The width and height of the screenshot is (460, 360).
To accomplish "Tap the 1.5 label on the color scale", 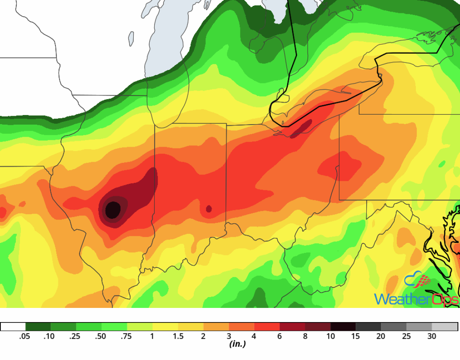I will coord(178,336).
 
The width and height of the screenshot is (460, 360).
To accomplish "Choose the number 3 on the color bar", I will coord(229,336).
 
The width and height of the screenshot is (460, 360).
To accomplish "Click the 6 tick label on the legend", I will coord(280,336).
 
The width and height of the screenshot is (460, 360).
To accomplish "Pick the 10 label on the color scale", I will coord(330,336).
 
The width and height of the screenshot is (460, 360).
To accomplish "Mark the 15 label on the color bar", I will coord(356,336).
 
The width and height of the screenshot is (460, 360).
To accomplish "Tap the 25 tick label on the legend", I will coord(407,336).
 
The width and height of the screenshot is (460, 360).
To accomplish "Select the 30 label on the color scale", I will coord(432,336).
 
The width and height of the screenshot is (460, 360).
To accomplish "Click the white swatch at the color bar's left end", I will coord(13,326).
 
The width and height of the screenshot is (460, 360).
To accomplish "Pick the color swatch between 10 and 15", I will coord(343,326).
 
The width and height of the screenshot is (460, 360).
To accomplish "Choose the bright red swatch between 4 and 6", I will coord(267,326).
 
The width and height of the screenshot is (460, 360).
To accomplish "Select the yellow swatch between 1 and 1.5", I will coord(165,326).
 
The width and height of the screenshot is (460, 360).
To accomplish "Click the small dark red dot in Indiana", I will coord(209,209).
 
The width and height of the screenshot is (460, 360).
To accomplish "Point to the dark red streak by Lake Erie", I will coord(302,128).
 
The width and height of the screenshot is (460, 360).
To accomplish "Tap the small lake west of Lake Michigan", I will coord(131,39).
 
